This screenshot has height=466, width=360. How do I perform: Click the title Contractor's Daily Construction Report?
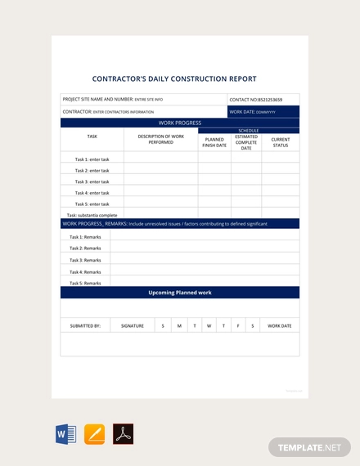pos(180,79)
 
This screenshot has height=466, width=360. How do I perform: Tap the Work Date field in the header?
pos(263,111)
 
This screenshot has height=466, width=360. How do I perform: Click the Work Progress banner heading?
pos(180,123)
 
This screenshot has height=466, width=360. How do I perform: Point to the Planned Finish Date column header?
pos(214,142)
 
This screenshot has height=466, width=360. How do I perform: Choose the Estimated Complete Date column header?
pos(246,142)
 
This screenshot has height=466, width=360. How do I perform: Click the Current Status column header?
pos(281,142)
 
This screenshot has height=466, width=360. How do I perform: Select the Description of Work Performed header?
pos(160,139)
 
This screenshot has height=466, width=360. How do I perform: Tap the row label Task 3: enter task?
pos(92,181)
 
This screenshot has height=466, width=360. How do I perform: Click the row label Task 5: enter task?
pos(92,204)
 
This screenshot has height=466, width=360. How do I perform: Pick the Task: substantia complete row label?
pos(92,215)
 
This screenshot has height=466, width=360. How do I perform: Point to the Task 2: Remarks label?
pos(85,248)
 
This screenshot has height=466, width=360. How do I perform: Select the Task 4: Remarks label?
pos(85,271)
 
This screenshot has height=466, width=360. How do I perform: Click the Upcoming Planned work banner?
pos(180,292)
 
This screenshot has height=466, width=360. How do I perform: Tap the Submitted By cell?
pos(85,325)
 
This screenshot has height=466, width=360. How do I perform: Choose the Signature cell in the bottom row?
pos(133,325)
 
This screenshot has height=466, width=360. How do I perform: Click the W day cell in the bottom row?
pos(209,325)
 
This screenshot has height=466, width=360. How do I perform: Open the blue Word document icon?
pos(65,434)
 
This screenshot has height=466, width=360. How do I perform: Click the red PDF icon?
pos(123,434)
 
